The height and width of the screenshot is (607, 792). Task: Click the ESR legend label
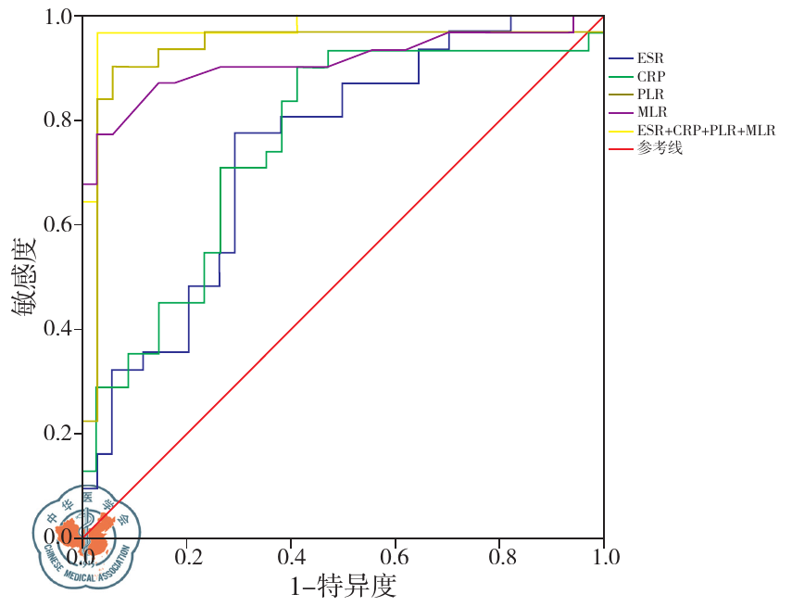click(x=650, y=58)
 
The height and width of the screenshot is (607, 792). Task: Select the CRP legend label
click(x=650, y=76)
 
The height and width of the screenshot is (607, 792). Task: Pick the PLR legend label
click(x=650, y=94)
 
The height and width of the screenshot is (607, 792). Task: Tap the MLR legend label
click(x=651, y=112)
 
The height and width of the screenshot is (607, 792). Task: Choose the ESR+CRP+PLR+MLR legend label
click(x=706, y=130)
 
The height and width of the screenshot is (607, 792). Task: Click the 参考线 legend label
click(x=660, y=148)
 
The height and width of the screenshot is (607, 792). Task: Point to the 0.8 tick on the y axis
click(x=58, y=120)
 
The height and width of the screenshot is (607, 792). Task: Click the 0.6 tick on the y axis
click(x=58, y=225)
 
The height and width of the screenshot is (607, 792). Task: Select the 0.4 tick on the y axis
click(x=58, y=329)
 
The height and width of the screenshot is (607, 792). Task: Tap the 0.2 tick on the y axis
click(x=58, y=434)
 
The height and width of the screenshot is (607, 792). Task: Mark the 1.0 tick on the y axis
click(x=58, y=17)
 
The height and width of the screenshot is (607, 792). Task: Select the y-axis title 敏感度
click(x=25, y=277)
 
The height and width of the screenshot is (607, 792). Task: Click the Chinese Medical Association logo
click(x=85, y=535)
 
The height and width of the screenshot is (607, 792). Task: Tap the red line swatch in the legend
click(x=621, y=148)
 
